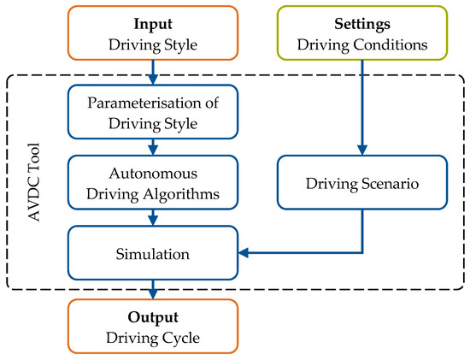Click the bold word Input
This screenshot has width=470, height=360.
click(154, 20)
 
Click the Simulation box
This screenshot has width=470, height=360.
click(154, 253)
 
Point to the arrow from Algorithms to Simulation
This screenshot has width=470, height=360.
click(154, 217)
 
